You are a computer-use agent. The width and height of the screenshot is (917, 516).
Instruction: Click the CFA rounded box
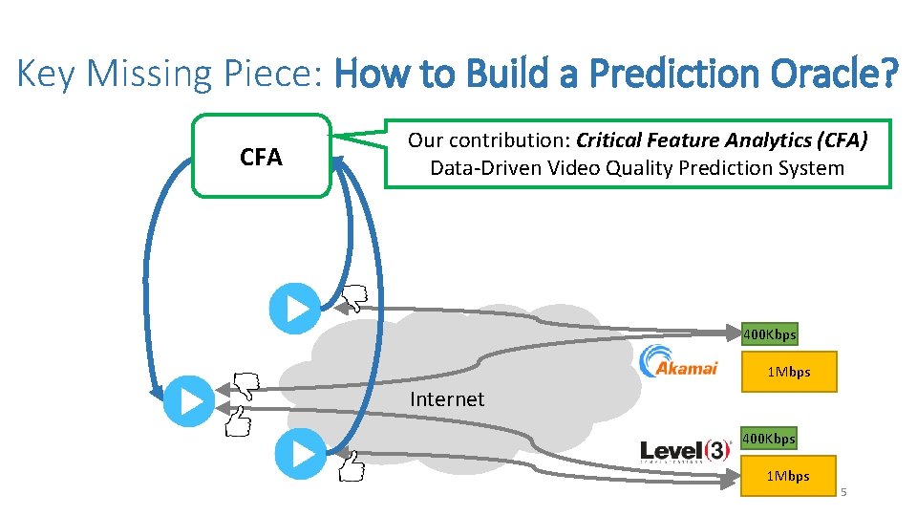pos(261,157)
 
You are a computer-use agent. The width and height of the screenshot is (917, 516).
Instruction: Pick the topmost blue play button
pos(295,308)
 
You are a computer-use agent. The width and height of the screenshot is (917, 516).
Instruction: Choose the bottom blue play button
pos(300,454)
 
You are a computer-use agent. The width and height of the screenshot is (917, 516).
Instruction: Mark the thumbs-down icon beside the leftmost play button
pos(243,385)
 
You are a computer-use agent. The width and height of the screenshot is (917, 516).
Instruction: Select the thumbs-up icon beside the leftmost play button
pos(238,420)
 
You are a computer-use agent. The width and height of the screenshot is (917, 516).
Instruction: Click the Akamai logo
pos(678,361)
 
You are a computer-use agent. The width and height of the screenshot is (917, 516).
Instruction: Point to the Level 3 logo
pos(685,451)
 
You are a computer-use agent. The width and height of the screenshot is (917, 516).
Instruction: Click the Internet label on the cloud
pos(446,399)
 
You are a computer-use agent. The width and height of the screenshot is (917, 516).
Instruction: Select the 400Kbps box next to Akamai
pos(769,334)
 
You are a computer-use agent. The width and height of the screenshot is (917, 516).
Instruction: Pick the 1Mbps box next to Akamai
pos(788,372)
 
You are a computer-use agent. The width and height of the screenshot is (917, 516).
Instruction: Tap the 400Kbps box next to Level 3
pos(769,439)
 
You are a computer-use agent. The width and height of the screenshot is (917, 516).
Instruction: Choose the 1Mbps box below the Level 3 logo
pos(788,476)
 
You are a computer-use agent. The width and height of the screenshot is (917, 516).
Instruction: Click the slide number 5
pos(843,492)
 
